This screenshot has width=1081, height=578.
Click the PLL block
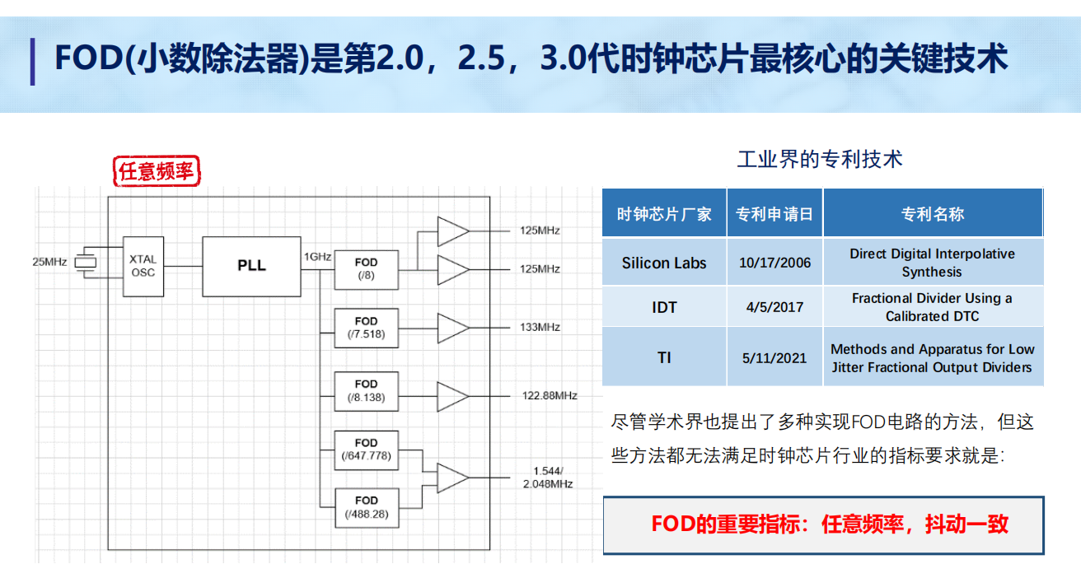click(x=251, y=266)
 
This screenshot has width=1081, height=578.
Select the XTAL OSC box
click(x=143, y=266)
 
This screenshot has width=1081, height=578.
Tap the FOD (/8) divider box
click(x=367, y=269)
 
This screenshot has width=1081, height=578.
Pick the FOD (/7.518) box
click(x=367, y=328)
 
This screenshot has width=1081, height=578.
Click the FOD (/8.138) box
click(x=367, y=391)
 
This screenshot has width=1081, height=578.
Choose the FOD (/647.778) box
click(x=367, y=450)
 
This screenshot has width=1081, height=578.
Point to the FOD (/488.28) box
click(x=367, y=508)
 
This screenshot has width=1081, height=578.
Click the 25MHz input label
click(x=49, y=262)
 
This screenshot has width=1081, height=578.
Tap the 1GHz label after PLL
click(x=317, y=256)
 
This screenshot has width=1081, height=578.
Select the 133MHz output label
click(x=540, y=327)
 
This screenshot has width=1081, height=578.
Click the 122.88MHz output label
click(x=550, y=395)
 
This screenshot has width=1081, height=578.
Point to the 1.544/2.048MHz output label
click(x=548, y=478)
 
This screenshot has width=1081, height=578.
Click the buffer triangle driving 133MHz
click(x=452, y=328)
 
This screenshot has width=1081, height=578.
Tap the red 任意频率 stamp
click(x=157, y=170)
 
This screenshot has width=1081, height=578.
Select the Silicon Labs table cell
click(x=664, y=263)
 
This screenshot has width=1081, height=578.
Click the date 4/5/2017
click(x=774, y=307)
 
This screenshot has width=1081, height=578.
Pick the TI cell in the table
click(x=664, y=357)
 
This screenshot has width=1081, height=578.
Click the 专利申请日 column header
click(x=774, y=213)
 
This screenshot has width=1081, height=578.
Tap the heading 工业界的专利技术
click(x=820, y=159)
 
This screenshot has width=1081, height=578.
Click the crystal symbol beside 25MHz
click(x=86, y=263)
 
